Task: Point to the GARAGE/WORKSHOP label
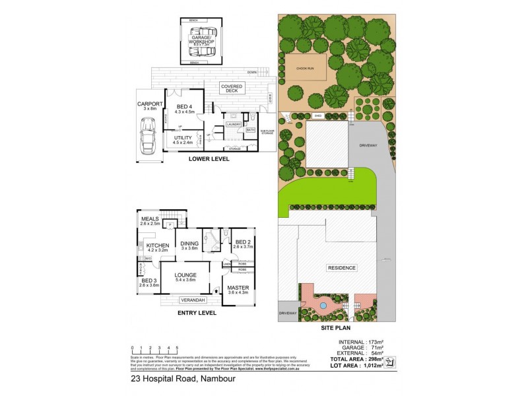click(203, 41)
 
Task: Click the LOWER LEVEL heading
click(208, 160)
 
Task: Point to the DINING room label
click(189, 243)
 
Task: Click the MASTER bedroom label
click(238, 287)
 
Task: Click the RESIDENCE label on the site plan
click(341, 267)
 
